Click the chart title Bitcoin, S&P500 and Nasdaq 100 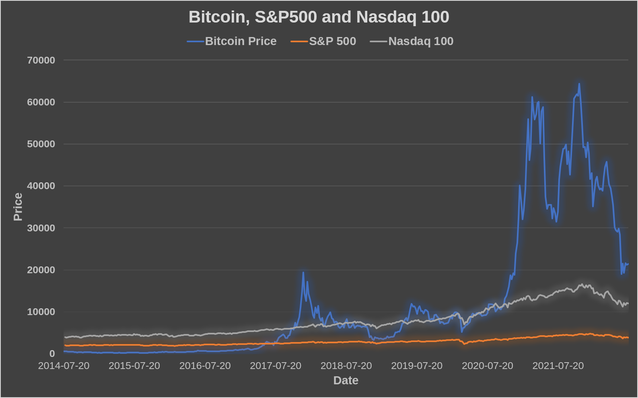pos(319,17)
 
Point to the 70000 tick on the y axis pos(41,60)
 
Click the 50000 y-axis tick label pos(41,144)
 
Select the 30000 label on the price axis pos(41,228)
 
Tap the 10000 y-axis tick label pos(41,312)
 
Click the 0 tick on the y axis pos(52,354)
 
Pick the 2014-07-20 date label pos(64,366)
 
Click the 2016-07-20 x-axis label pos(205,366)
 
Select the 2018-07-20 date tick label pos(346,366)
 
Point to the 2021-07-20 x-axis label pos(558,366)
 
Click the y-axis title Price pos(18,207)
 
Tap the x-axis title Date pos(346,380)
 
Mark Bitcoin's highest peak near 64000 pos(579,84)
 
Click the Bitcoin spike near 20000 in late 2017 pos(303,272)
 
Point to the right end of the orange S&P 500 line pos(628,338)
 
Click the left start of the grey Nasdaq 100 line pos(65,337)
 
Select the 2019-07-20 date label pos(417,366)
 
